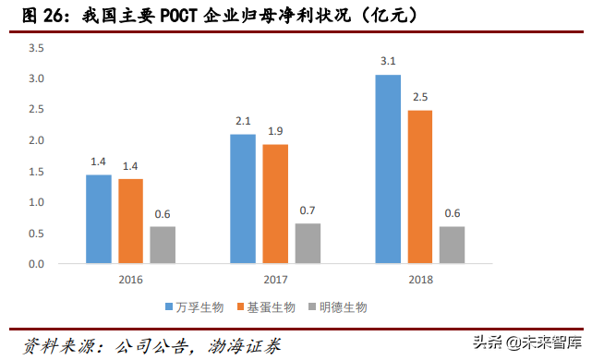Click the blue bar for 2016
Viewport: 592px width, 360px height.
coord(99,219)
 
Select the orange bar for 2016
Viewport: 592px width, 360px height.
coord(130,222)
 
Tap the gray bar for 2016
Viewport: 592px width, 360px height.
coord(163,245)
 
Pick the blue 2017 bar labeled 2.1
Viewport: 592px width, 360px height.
coord(243,198)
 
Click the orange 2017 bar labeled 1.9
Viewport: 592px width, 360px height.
coord(275,204)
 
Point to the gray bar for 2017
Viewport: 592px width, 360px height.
coord(308,244)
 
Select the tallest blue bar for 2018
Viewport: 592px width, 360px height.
coord(388,169)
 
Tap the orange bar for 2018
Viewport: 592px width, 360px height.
coord(419,186)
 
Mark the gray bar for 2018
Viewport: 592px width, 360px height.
coord(452,245)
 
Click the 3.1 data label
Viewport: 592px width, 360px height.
coord(388,62)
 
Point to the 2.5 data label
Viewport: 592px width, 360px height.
coord(419,97)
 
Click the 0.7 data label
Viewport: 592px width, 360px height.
coord(308,210)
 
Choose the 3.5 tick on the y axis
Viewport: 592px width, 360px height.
coord(36,48)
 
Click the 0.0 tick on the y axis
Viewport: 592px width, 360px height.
coord(36,264)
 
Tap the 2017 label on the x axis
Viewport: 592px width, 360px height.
coord(275,278)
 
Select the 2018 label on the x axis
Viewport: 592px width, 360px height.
coord(419,278)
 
